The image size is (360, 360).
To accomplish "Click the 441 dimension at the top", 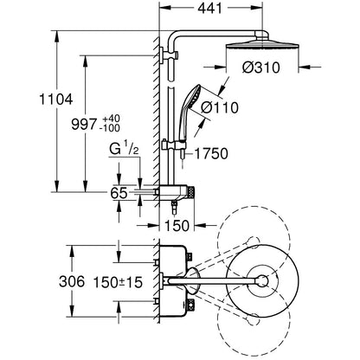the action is pos(210,8).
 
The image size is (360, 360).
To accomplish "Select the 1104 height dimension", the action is pos(56,100).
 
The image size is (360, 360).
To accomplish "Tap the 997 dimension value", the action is pos(83,125).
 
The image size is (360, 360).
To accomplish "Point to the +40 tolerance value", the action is pos(111,119).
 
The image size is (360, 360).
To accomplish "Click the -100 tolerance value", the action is pos(109,128).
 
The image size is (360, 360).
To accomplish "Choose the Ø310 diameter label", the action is pos(261,67).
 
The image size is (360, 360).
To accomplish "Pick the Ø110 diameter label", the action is pos(220,107).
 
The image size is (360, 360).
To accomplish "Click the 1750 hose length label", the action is pos(211,153).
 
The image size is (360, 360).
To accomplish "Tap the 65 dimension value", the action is pos(119,193).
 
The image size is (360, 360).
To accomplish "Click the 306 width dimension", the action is pos(72,281).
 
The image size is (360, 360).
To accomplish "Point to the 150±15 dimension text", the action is pos(118,282).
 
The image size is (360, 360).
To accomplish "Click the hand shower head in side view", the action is pos(190,97).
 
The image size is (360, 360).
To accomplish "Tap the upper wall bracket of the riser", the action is pos(168,55).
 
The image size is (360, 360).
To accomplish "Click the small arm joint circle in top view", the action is pos(262,280).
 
